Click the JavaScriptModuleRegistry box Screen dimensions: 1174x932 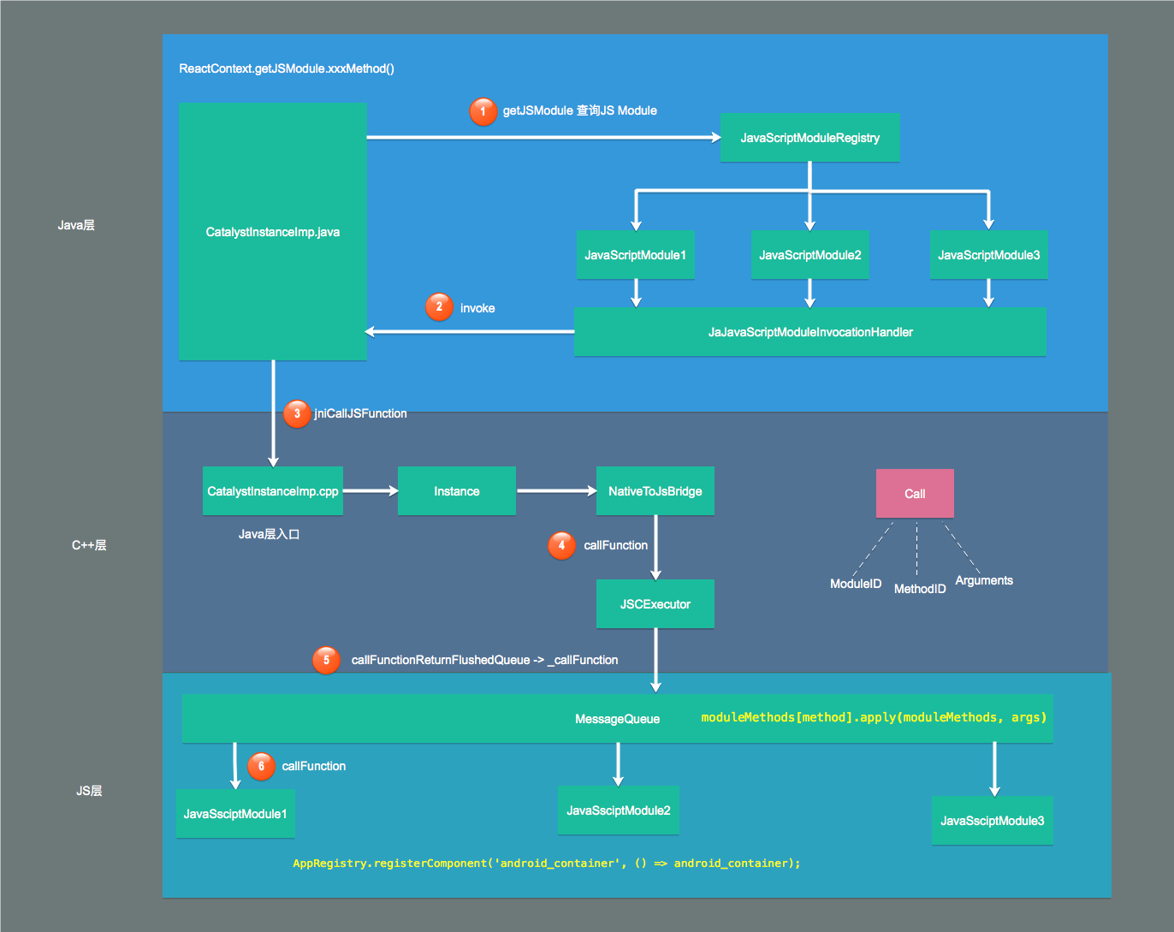809,138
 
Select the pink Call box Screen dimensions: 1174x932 915,493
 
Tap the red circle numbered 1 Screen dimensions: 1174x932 483,111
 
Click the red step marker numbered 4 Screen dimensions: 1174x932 561,545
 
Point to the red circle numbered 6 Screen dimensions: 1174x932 261,766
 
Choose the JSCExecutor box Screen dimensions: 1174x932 655,604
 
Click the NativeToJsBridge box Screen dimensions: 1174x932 655,491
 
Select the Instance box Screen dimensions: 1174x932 457,491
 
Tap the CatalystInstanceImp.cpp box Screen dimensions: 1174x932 273,491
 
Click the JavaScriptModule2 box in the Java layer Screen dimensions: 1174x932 810,255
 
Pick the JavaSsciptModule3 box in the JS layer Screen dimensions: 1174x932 993,821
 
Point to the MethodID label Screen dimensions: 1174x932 920,589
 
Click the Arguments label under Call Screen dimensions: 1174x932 984,580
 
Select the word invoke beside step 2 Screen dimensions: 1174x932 477,308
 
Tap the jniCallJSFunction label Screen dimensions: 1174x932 360,413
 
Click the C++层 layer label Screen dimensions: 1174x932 89,545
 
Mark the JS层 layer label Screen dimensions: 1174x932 89,791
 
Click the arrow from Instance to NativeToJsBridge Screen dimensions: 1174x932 556,491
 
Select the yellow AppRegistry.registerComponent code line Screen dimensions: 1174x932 547,864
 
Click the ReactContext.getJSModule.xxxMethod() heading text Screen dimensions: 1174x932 287,68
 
